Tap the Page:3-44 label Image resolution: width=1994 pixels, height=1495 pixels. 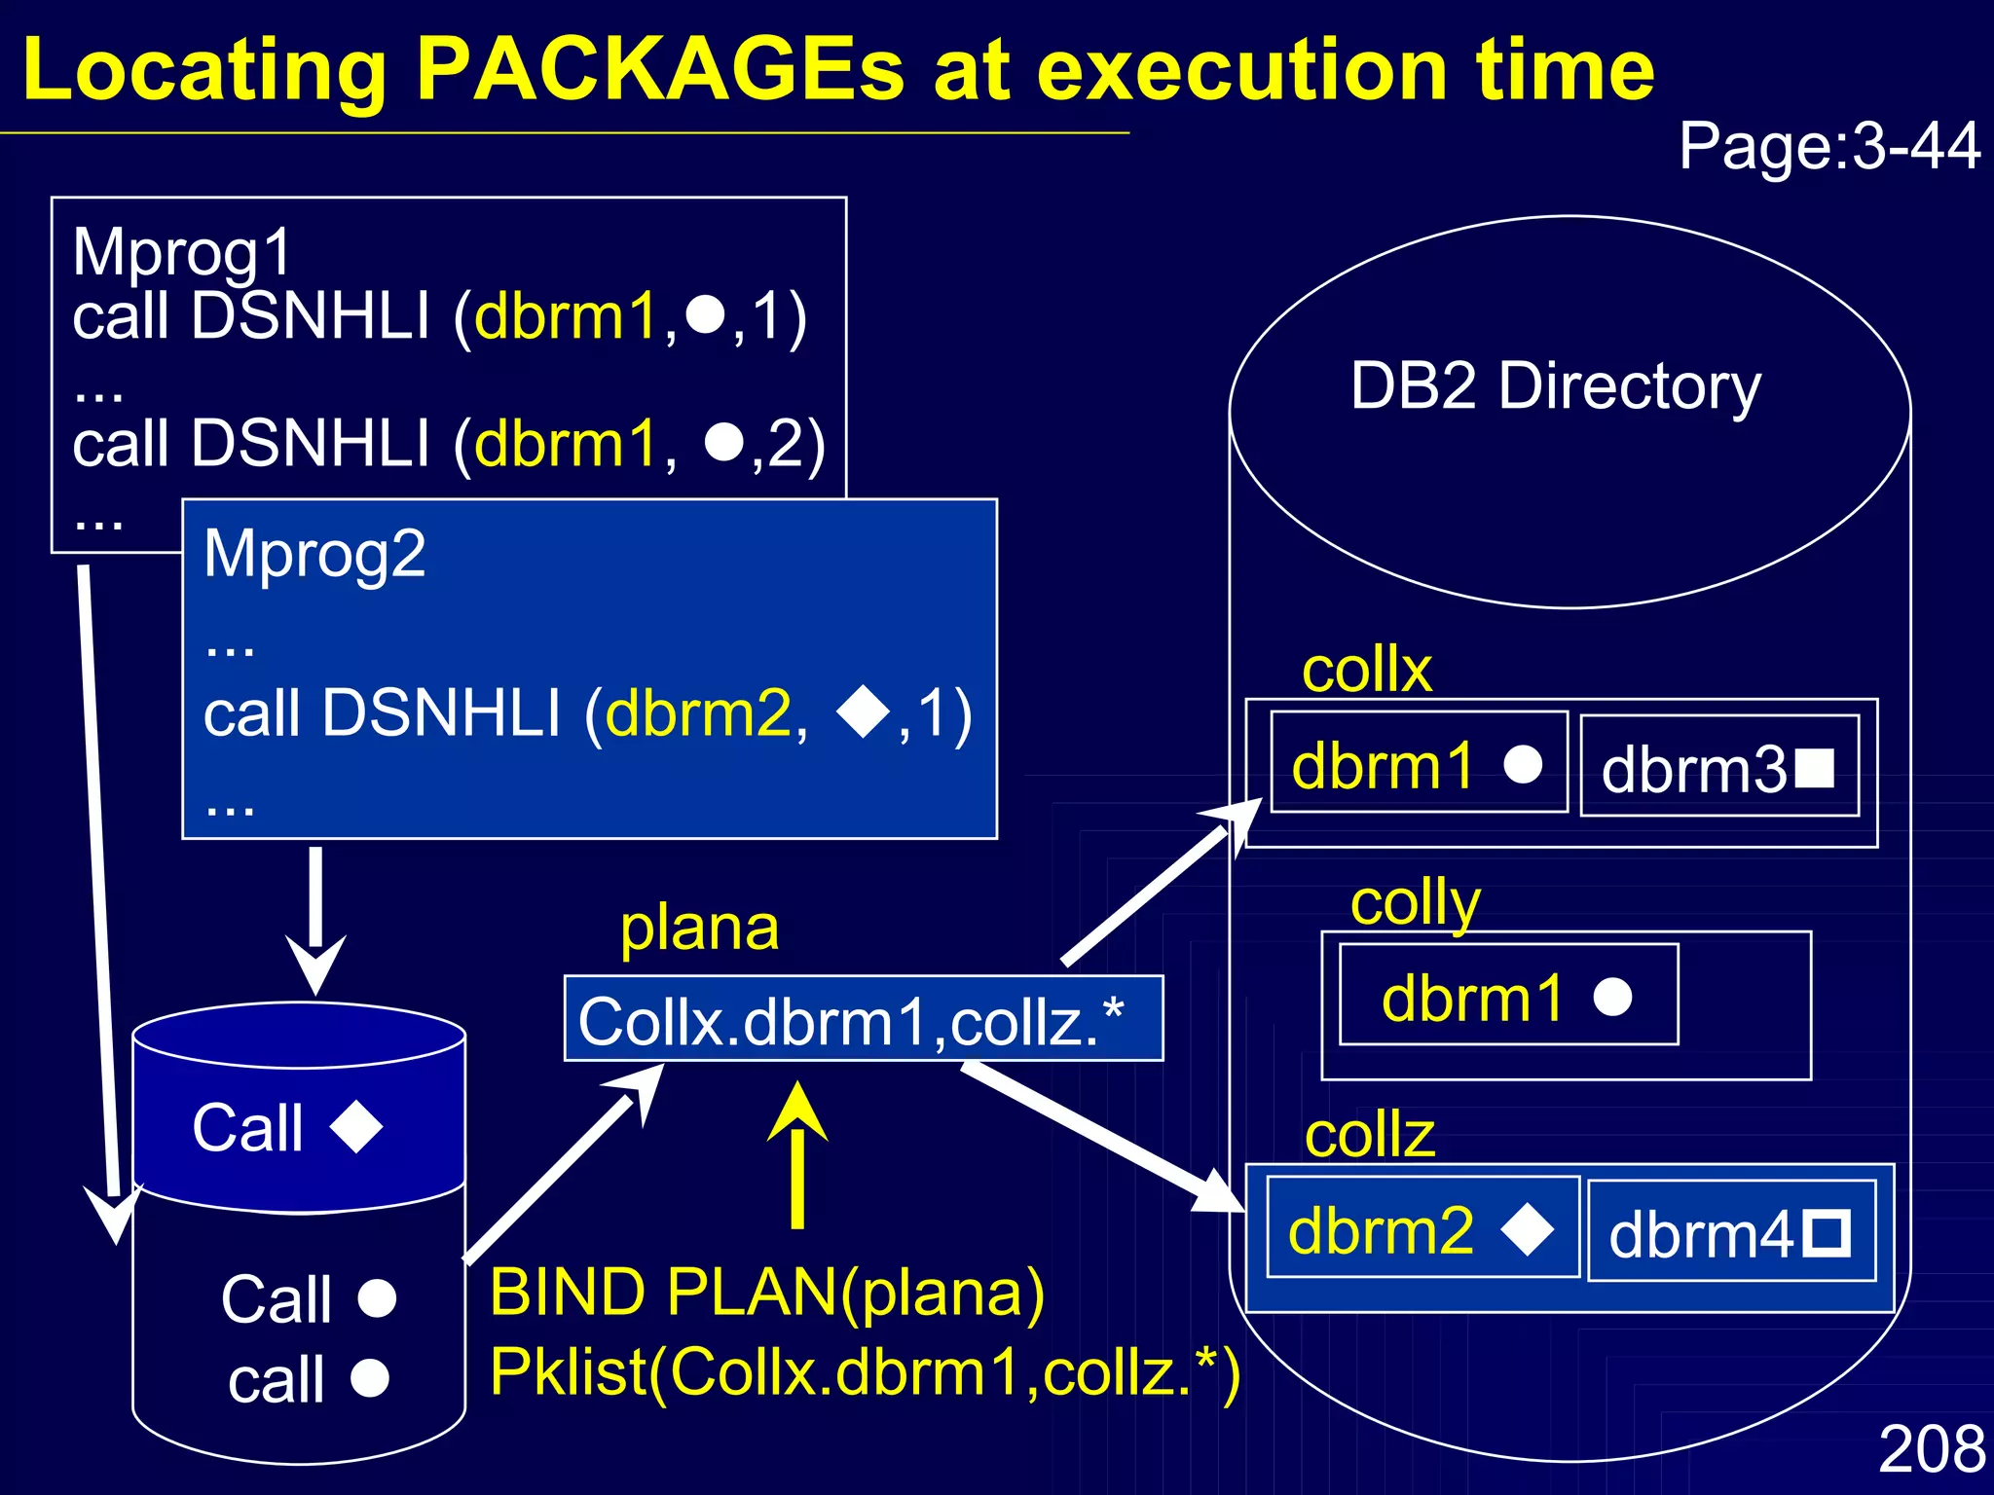1828,147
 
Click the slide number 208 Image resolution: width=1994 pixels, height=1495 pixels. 1932,1448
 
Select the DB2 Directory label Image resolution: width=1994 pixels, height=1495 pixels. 1555,386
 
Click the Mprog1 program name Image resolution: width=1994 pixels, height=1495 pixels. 182,252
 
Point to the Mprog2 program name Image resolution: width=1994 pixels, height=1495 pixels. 314,554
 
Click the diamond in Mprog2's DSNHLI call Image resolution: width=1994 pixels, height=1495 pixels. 863,713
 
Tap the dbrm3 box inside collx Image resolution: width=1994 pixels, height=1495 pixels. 1718,767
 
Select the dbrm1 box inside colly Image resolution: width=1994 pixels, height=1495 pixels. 1507,995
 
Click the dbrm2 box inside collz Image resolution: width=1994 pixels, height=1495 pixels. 1422,1228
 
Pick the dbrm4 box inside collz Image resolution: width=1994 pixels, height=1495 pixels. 1730,1232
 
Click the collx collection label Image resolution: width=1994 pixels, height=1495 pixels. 1366,670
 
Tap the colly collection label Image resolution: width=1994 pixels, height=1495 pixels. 1414,903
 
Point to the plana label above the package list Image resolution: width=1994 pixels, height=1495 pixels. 699,928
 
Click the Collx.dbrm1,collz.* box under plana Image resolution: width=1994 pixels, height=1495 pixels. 863,1019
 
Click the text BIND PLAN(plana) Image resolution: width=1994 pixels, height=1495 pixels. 767,1293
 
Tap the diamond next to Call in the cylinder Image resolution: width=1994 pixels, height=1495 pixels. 356,1127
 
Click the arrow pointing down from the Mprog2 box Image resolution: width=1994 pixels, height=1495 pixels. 315,920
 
